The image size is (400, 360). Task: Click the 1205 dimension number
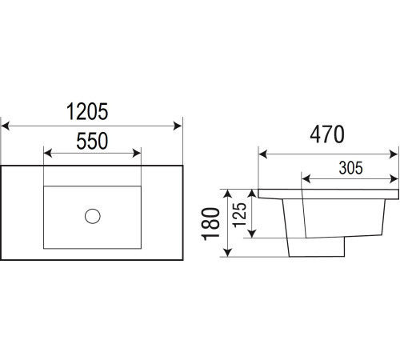(87, 112)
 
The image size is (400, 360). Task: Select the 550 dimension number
(92, 141)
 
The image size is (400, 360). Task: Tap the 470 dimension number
(327, 134)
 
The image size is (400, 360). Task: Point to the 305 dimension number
(351, 168)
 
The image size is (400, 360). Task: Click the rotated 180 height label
(210, 224)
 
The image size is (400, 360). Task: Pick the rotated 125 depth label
(239, 215)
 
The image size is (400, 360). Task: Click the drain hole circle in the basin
(93, 216)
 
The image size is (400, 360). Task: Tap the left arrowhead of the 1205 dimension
(6, 126)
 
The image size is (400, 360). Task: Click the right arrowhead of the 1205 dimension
(178, 126)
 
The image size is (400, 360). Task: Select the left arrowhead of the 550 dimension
(48, 154)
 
